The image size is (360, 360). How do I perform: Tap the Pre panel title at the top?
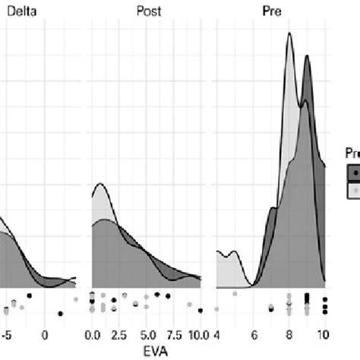pos(270,11)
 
